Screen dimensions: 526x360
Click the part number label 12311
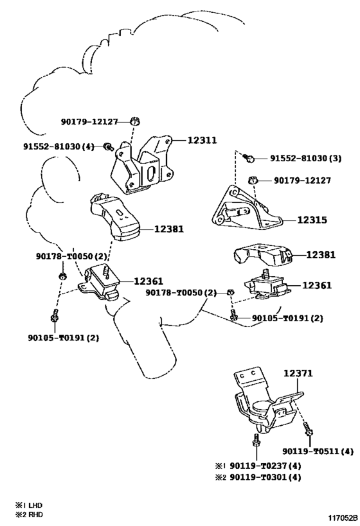pyautogui.click(x=202, y=139)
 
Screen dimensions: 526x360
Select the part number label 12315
pyautogui.click(x=312, y=220)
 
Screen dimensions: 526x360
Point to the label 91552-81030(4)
pyautogui.click(x=57, y=146)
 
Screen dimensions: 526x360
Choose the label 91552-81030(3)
pyautogui.click(x=305, y=158)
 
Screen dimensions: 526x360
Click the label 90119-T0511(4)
pyautogui.click(x=318, y=451)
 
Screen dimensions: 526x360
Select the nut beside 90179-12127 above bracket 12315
pyautogui.click(x=253, y=180)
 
